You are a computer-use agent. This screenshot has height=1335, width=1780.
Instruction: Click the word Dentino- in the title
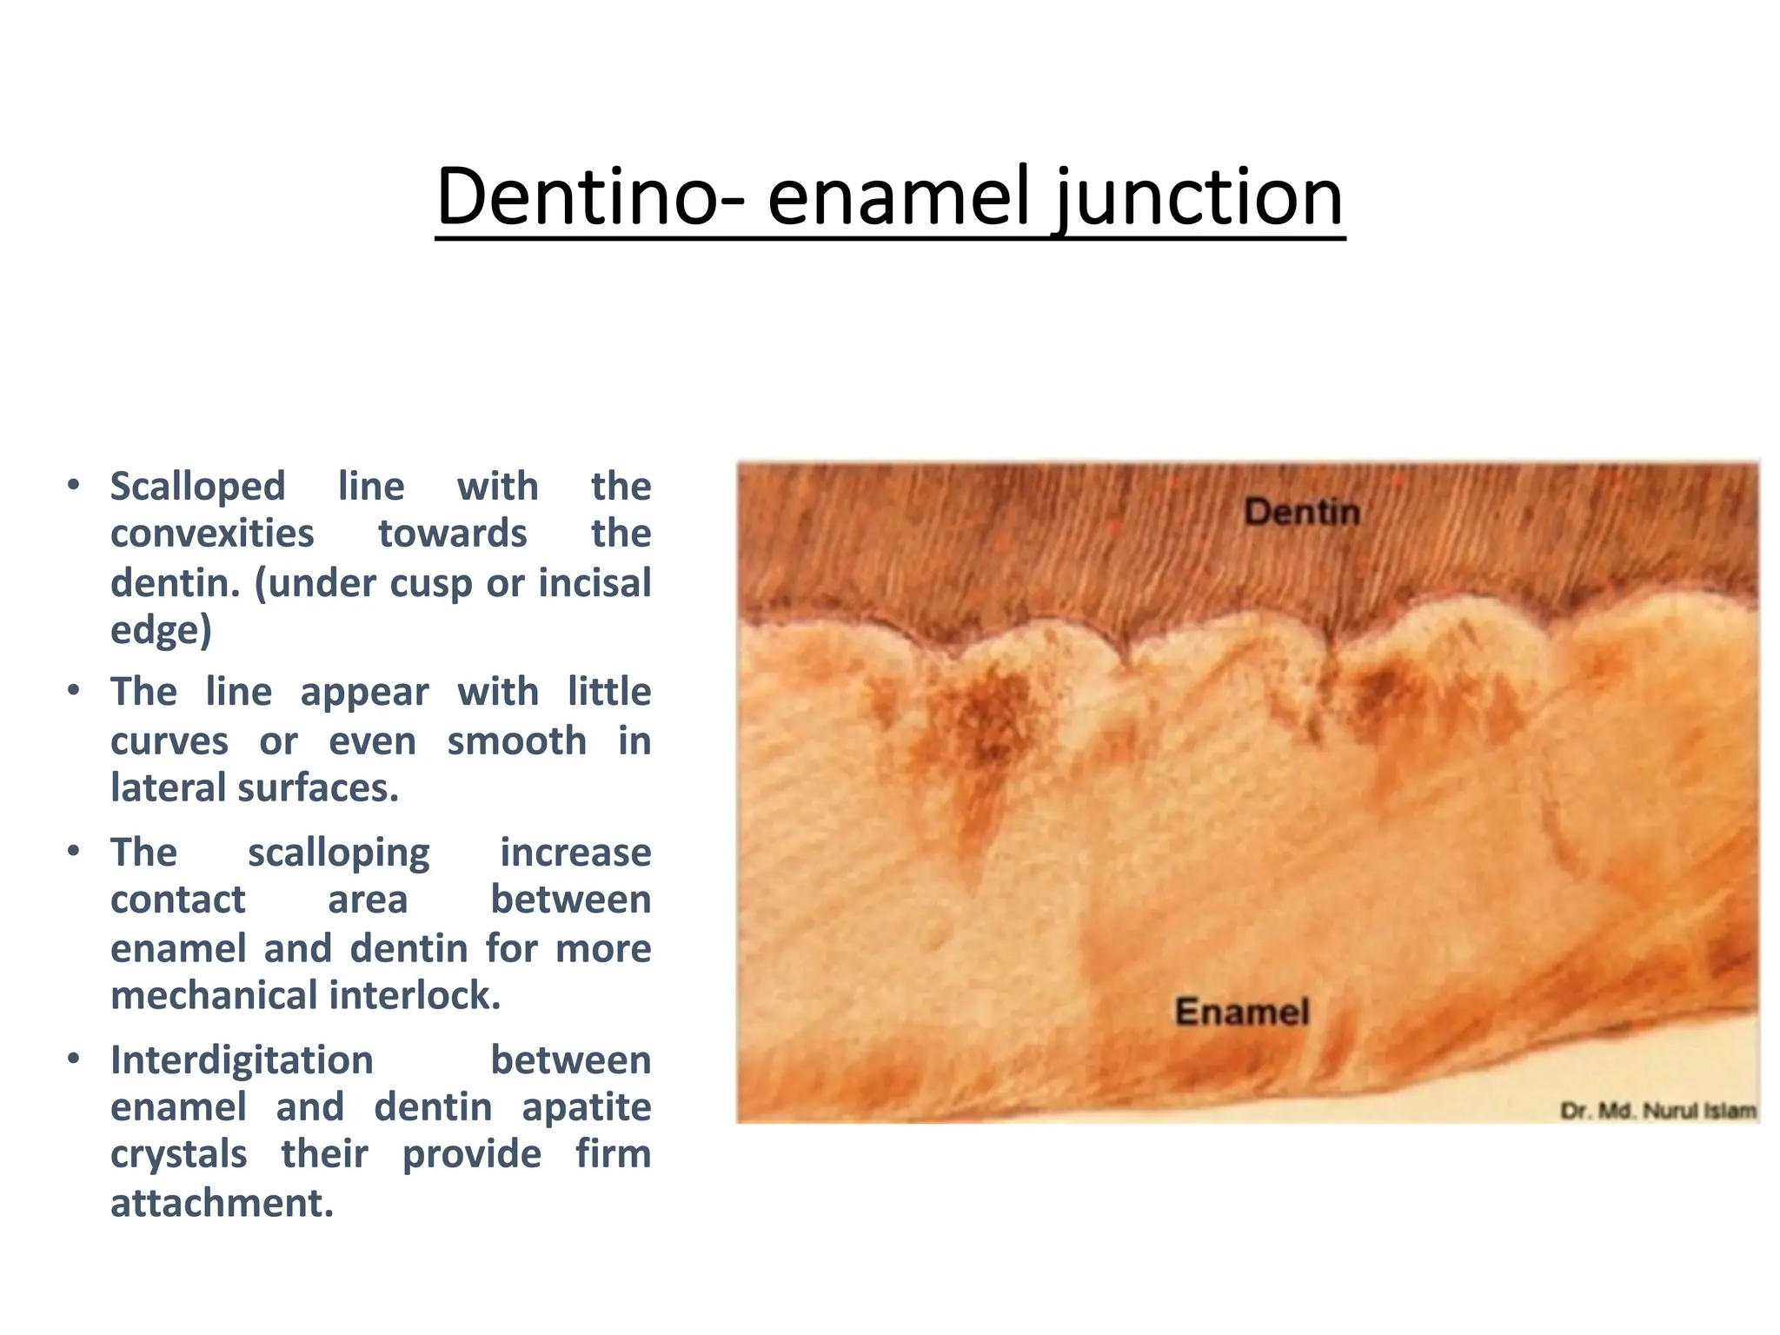click(x=590, y=197)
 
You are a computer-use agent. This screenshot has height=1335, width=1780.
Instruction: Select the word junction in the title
click(x=1200, y=199)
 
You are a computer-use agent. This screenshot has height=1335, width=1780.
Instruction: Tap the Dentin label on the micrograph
click(x=1301, y=512)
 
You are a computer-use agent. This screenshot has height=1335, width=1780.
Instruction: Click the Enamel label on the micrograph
click(x=1242, y=1012)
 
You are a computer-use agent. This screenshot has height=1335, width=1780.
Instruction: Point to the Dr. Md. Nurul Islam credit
click(x=1658, y=1111)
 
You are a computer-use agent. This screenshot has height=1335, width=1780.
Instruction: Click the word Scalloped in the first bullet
click(x=198, y=487)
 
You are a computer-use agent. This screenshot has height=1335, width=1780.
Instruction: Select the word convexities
click(x=212, y=534)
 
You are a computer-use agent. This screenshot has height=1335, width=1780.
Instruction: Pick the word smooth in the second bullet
click(x=517, y=741)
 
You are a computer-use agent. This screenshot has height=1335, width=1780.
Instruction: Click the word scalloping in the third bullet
click(x=338, y=853)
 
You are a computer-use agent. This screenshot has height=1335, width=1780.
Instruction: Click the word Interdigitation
click(x=242, y=1060)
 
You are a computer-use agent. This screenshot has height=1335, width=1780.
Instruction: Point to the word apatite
click(x=587, y=1107)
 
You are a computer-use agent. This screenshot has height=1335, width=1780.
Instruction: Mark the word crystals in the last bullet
click(x=179, y=1155)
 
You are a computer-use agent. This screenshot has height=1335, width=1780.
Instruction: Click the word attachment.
click(x=222, y=1204)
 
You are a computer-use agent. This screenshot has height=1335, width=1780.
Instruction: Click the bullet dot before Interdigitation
click(x=75, y=1059)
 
